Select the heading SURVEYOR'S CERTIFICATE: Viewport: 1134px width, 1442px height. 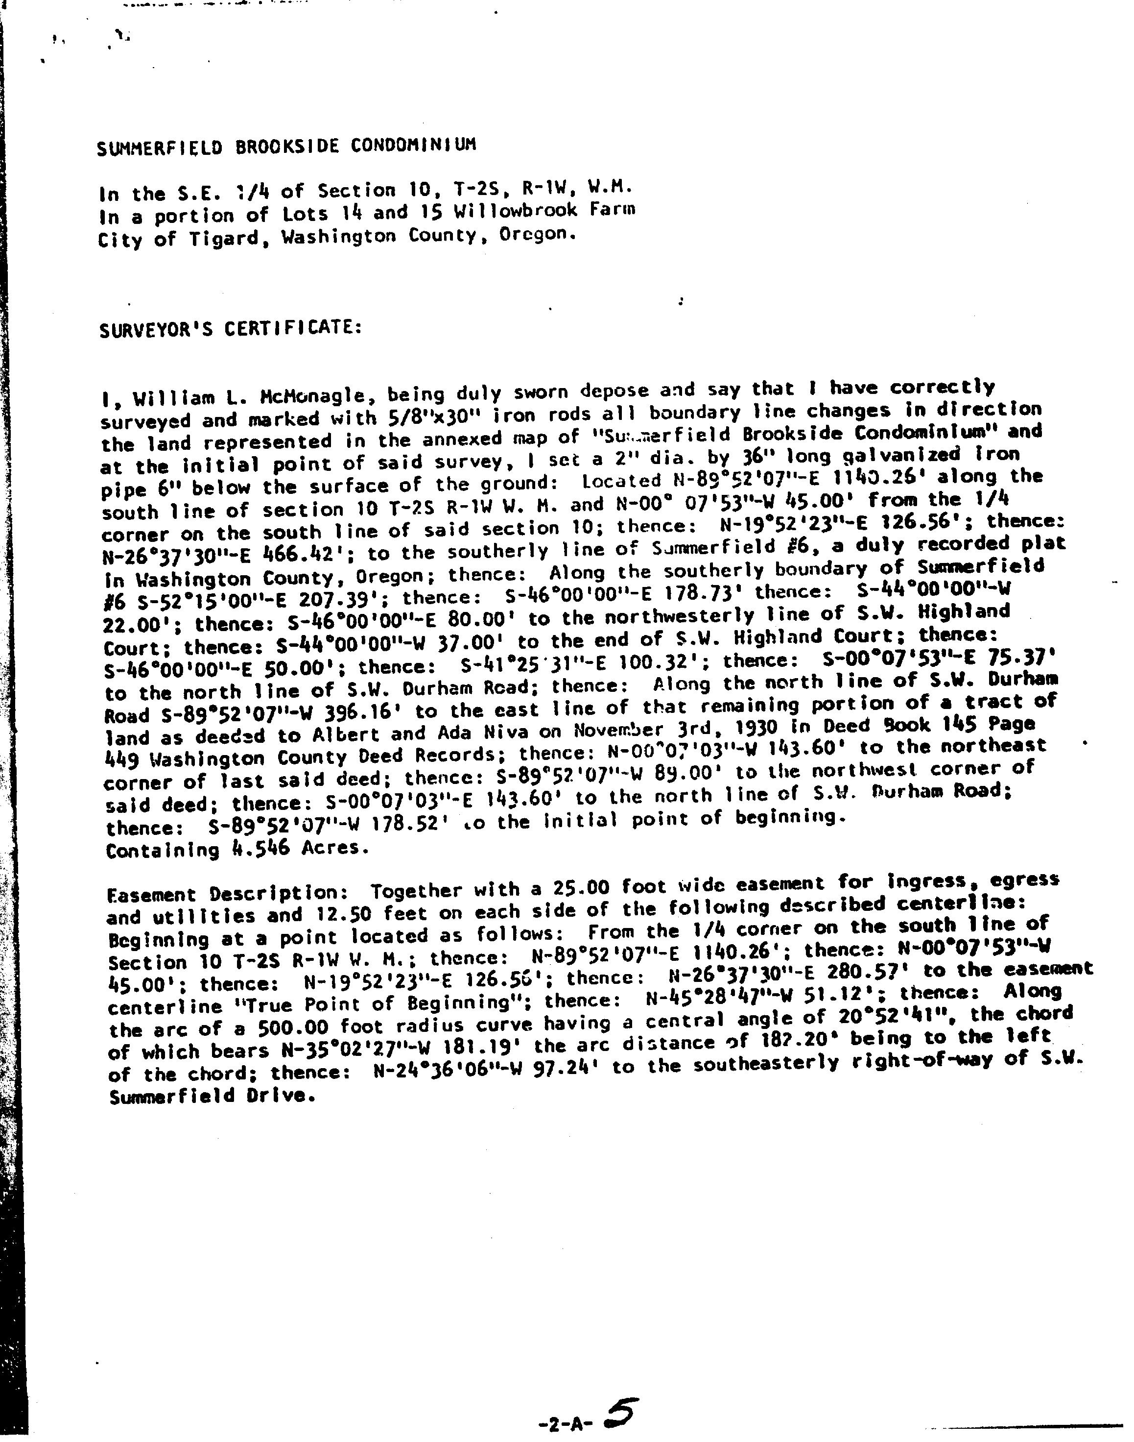[231, 328]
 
